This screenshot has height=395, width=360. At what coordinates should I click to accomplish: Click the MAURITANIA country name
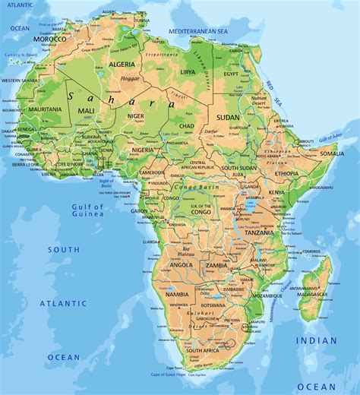(45, 109)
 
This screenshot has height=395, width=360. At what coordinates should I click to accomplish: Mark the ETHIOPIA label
(286, 174)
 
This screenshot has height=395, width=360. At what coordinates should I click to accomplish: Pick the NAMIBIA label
(176, 293)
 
